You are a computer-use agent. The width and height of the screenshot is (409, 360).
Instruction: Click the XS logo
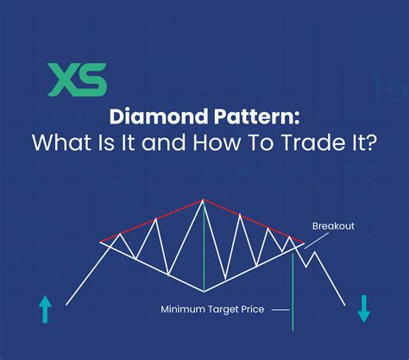pos(77,79)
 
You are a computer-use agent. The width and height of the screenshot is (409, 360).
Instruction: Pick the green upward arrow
pos(46,308)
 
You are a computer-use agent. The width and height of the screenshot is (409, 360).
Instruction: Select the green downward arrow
pos(363,308)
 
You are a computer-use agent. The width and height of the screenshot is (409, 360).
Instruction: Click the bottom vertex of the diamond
pos(204,290)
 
